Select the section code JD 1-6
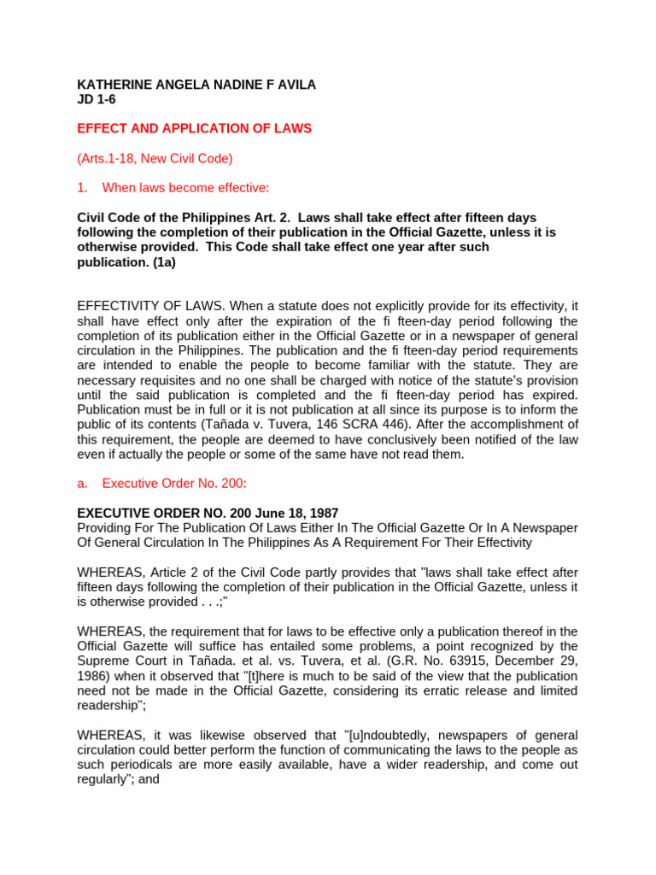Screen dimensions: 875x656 (97, 99)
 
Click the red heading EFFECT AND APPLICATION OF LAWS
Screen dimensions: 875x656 (195, 128)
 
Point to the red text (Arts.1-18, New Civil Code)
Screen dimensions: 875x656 (155, 158)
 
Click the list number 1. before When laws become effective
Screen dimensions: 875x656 (83, 187)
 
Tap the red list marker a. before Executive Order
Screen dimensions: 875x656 (83, 483)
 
